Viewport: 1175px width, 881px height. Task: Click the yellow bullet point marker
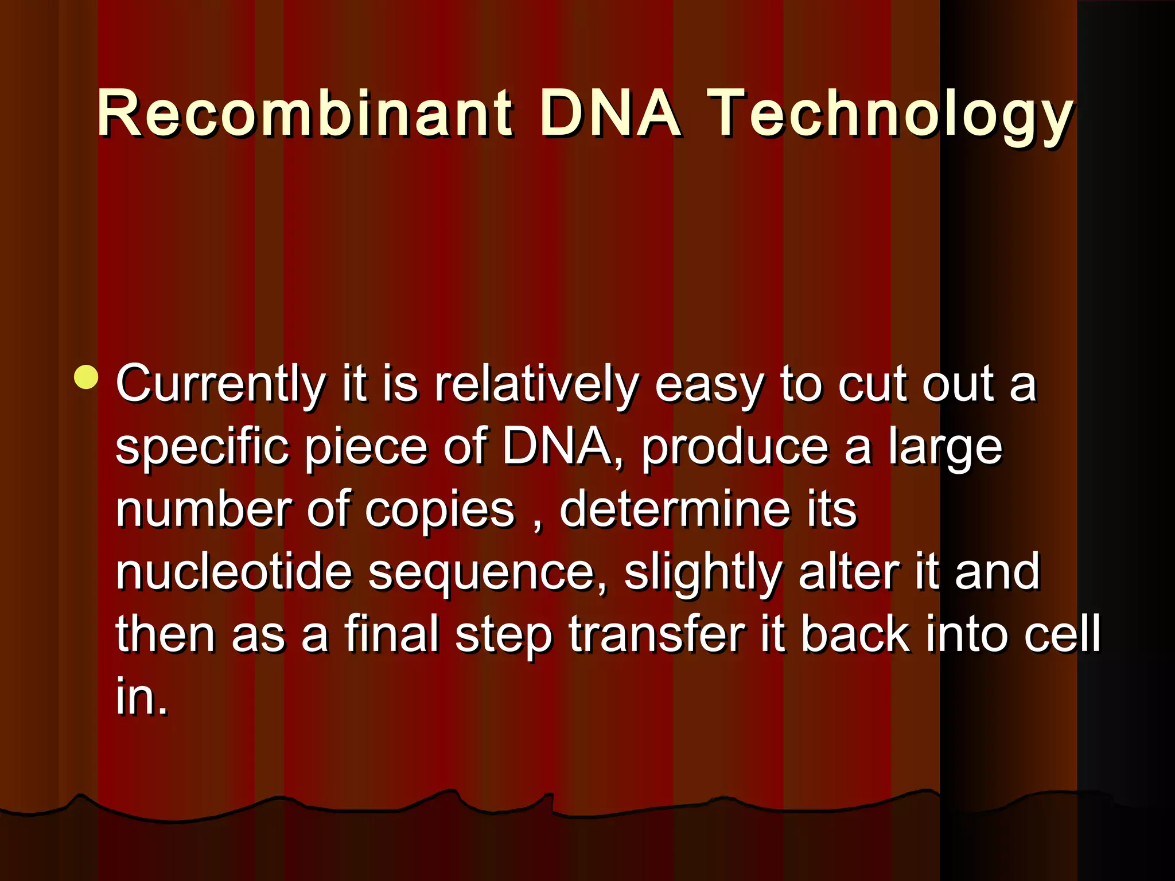pyautogui.click(x=87, y=377)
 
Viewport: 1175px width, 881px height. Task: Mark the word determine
pyautogui.click(x=675, y=509)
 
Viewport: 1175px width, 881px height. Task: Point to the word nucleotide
pyautogui.click(x=234, y=572)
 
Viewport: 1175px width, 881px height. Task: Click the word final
pyautogui.click(x=392, y=634)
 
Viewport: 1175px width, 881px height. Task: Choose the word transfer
pyautogui.click(x=657, y=634)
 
